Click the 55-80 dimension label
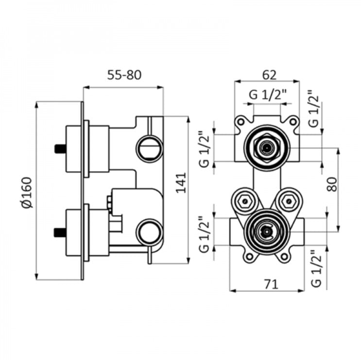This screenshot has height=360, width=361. point(124,75)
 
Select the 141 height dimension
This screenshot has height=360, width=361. point(181,182)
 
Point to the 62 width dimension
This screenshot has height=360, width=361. point(269,74)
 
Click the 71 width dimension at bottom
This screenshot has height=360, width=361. point(271,284)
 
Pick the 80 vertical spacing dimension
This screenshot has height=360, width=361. point(332,184)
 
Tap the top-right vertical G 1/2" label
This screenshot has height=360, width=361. point(314,108)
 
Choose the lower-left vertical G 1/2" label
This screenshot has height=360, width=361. point(204,234)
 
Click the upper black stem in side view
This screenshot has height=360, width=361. point(60,148)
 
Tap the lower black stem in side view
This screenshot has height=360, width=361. point(60,232)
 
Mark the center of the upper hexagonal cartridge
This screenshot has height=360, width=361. point(267,148)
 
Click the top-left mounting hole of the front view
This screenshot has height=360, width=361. point(241,122)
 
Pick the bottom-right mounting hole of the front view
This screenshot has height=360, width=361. point(285,256)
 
